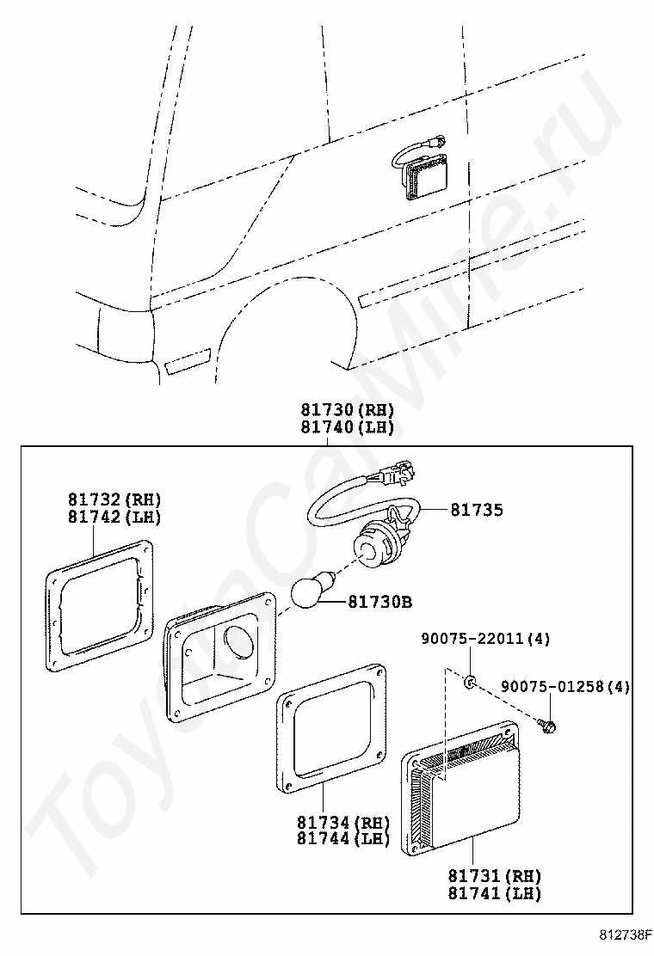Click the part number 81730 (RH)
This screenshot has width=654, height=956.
click(348, 411)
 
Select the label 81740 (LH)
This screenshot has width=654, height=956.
click(348, 427)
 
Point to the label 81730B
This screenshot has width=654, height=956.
click(387, 602)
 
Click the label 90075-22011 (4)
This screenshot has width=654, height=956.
click(485, 639)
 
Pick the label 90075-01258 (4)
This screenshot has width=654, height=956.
click(565, 686)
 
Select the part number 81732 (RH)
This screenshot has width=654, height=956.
click(114, 499)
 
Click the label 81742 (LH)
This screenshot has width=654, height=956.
click(114, 517)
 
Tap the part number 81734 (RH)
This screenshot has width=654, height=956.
click(343, 822)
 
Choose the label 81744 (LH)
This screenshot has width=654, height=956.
click(343, 838)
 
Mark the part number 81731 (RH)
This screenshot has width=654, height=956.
click(494, 876)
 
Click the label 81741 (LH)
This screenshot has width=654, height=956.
click(494, 893)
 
